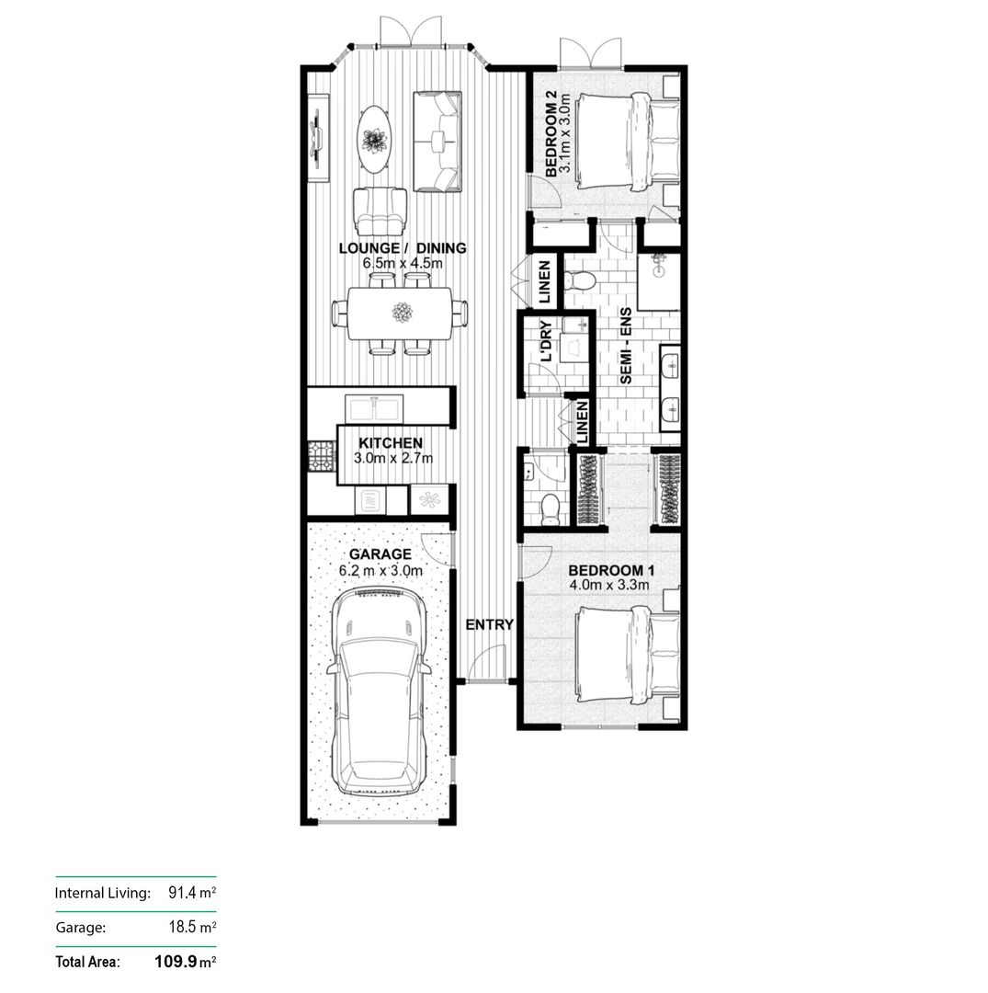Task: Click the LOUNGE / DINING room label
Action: [403, 248]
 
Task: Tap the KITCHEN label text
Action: [391, 443]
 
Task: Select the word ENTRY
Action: [489, 624]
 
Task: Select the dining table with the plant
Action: [401, 314]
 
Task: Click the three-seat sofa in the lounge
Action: [437, 142]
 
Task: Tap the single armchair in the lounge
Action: [380, 211]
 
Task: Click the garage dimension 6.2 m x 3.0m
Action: [380, 570]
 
